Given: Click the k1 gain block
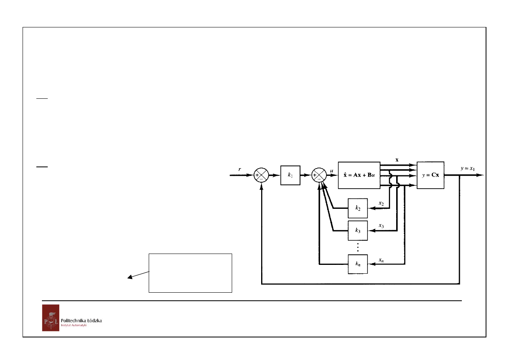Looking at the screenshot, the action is pos(290,175).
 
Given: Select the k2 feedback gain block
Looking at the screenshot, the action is pos(357,208).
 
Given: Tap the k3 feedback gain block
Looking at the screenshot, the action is pos(357,231).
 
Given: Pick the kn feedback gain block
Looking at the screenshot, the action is pos(357,264).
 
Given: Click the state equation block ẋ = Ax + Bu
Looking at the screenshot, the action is pos(359,175).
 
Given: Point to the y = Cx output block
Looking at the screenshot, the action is pos(430,175).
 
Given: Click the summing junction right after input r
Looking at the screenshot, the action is pos(261,175).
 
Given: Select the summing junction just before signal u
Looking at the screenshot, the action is pos(319,175).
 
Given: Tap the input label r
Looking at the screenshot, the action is pos(239,169).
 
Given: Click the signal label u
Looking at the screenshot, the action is pos(332,171).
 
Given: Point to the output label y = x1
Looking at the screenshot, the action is pos(467,169).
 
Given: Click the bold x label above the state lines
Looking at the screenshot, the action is pos(397,160).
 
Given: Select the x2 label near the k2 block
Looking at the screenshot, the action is pos(381,204).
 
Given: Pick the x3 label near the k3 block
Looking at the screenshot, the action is pos(381,226).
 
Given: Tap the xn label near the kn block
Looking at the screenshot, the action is pos(381,260).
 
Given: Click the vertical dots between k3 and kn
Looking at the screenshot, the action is pos(358,247).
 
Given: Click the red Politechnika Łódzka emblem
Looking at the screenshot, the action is pos(51,318).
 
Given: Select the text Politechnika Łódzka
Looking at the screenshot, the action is pos(81,320).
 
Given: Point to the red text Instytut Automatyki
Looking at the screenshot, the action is pos(74,325).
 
